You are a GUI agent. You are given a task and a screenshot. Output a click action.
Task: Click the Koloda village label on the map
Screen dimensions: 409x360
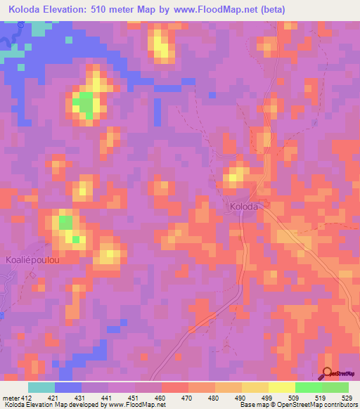click(x=244, y=207)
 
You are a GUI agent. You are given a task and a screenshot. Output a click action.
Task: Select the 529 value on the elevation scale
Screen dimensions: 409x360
click(x=347, y=397)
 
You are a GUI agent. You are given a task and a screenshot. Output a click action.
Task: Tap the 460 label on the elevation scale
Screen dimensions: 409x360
click(x=160, y=397)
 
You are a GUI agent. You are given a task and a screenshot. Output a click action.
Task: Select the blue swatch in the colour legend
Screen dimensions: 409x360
click(x=68, y=387)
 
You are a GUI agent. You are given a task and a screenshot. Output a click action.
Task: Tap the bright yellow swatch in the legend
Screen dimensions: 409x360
click(x=282, y=387)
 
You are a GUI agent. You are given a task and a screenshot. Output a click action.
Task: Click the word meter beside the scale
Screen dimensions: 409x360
click(x=9, y=397)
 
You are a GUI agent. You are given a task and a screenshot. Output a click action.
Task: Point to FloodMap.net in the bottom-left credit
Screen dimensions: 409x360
click(x=144, y=405)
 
